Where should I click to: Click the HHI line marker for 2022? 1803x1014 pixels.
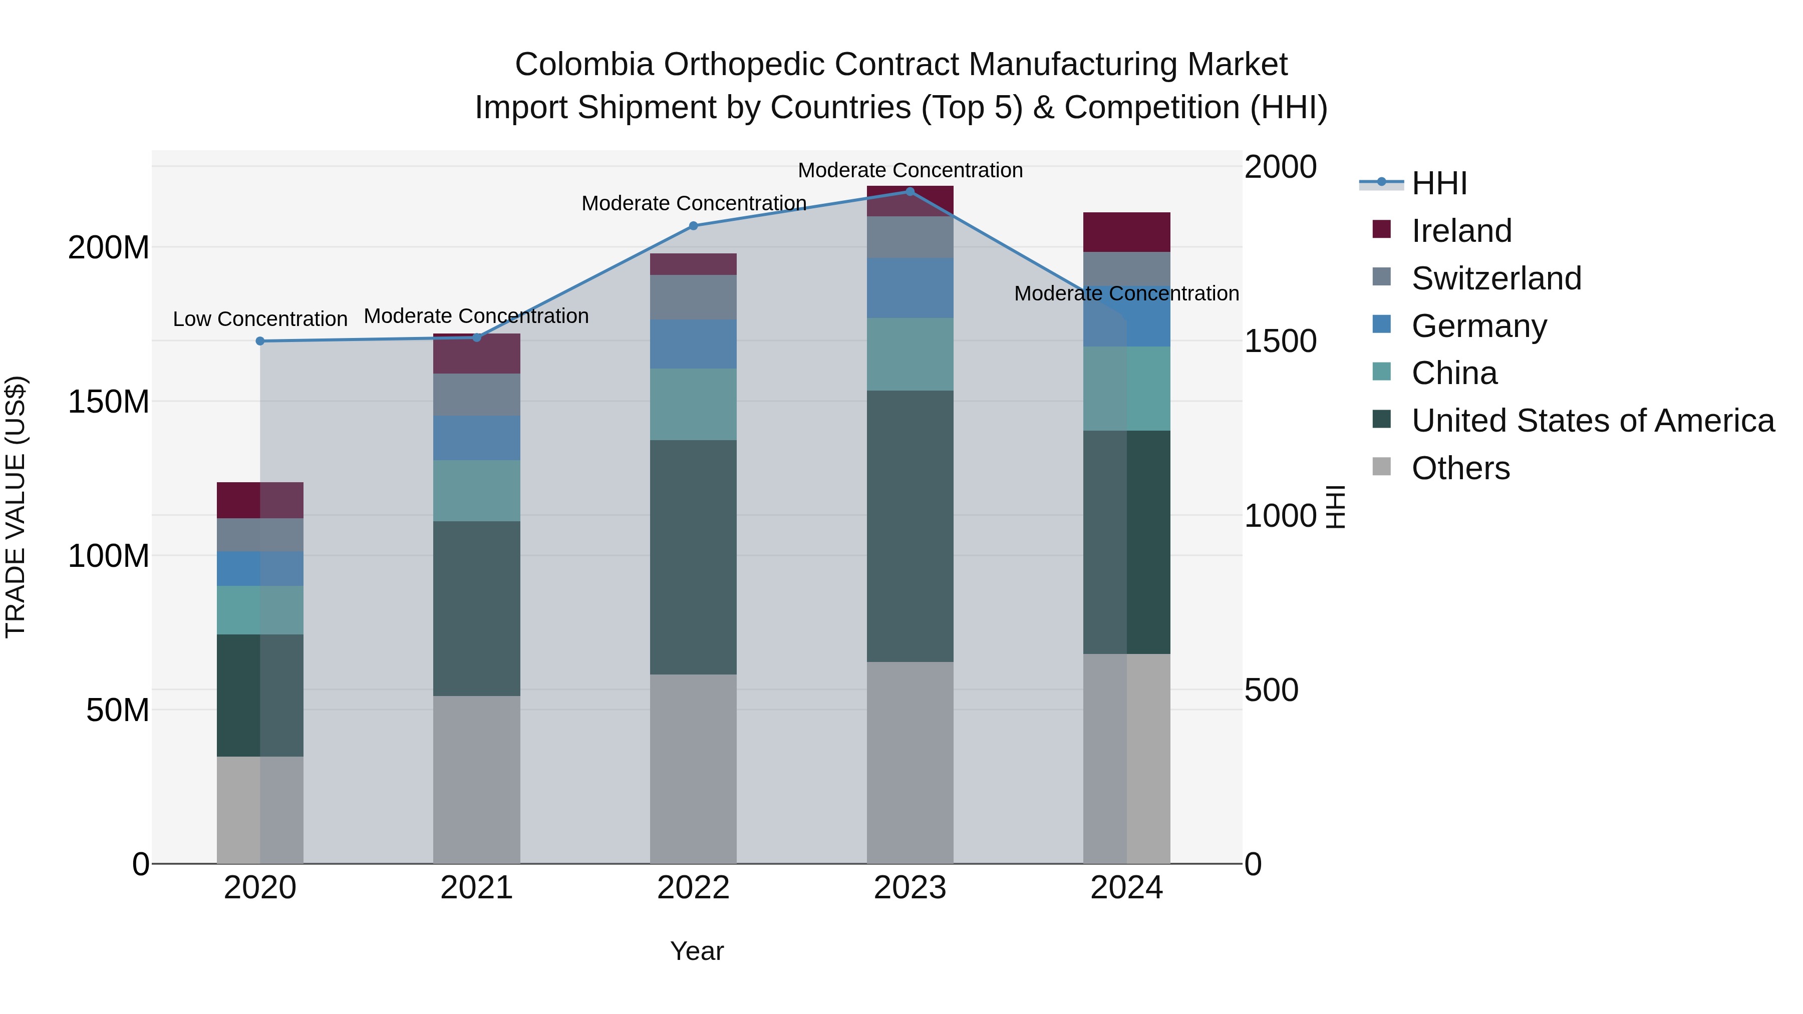tap(693, 226)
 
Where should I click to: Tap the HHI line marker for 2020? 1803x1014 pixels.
tap(259, 342)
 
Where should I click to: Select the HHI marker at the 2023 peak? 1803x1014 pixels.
tap(910, 192)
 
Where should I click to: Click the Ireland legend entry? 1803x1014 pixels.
tap(1461, 231)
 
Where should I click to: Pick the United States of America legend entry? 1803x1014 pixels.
tap(1592, 421)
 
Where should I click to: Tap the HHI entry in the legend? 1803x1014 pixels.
tap(1438, 183)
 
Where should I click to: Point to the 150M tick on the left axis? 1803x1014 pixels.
tap(109, 402)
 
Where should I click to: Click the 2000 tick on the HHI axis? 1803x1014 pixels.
tap(1280, 167)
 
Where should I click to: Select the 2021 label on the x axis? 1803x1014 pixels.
tap(477, 888)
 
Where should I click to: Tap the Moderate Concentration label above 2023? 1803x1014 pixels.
tap(910, 170)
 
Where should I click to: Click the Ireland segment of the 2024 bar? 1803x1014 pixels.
tap(1126, 232)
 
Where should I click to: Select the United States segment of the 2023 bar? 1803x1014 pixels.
tap(910, 526)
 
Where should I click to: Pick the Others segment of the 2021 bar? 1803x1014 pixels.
tap(477, 779)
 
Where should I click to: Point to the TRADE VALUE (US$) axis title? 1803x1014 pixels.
tap(16, 507)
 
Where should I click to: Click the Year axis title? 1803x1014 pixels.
tap(697, 951)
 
